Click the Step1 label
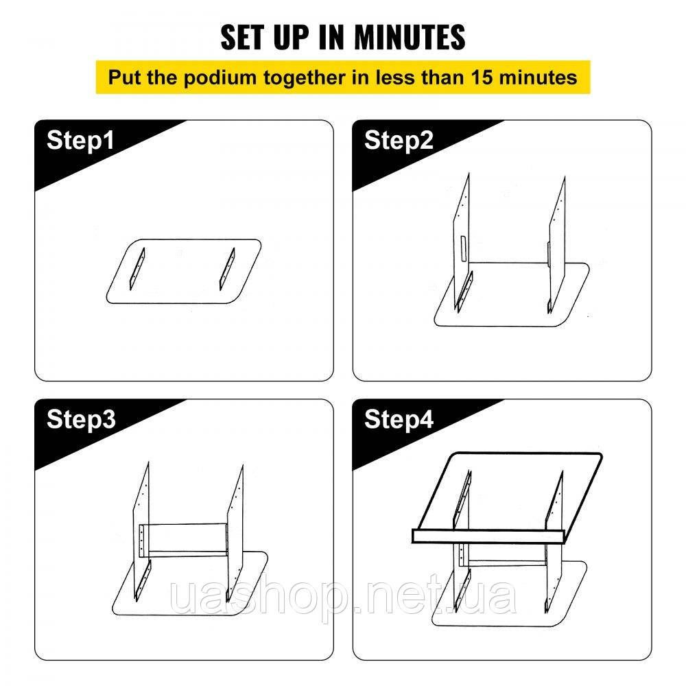click(80, 141)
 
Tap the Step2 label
click(399, 141)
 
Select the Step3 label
click(81, 420)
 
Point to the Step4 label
click(399, 420)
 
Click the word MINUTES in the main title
click(410, 37)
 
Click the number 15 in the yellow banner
click(482, 78)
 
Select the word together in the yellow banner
click(304, 78)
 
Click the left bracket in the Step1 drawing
click(137, 269)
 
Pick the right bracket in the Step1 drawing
click(228, 269)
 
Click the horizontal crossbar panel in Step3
click(183, 541)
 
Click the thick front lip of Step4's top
click(488, 536)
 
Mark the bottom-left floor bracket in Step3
click(143, 580)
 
